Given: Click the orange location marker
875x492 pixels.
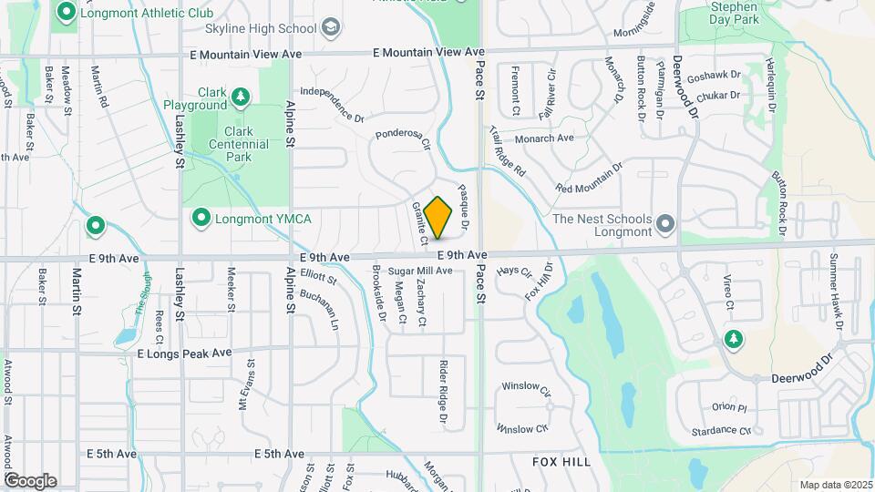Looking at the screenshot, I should pyautogui.click(x=438, y=217).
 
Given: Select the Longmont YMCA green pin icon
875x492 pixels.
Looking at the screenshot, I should pyautogui.click(x=201, y=218).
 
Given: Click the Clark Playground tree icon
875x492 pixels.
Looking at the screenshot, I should pyautogui.click(x=240, y=96).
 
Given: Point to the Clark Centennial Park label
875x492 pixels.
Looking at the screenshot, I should pyautogui.click(x=239, y=144).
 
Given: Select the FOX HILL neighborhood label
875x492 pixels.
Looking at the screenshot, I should pyautogui.click(x=561, y=462).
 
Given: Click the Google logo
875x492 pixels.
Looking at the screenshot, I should pyautogui.click(x=30, y=480).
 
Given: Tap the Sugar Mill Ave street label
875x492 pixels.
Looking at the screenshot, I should pyautogui.click(x=420, y=271).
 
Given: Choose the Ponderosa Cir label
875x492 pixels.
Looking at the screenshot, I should pyautogui.click(x=402, y=138).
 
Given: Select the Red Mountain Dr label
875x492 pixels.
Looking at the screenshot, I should pyautogui.click(x=588, y=178).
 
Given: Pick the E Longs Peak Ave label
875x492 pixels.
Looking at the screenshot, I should pyautogui.click(x=185, y=353).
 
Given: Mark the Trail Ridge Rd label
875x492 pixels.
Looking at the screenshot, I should pyautogui.click(x=508, y=150).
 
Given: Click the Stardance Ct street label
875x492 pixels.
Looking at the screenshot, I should pyautogui.click(x=721, y=430).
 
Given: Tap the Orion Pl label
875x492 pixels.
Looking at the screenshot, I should pyautogui.click(x=729, y=407).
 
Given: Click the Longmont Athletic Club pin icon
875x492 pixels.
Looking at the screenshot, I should pyautogui.click(x=66, y=14).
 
